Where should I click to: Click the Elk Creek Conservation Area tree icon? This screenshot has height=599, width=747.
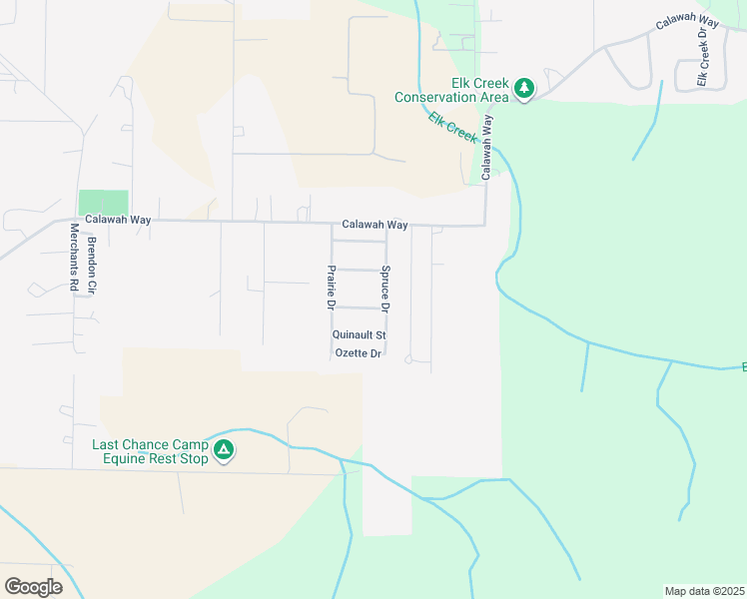click(524, 90)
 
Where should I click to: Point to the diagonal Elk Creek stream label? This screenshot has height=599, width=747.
click(452, 127)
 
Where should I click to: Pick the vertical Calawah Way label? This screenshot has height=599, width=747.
click(487, 147)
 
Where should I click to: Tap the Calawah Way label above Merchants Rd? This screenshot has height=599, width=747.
click(117, 220)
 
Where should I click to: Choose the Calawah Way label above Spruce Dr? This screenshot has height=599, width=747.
click(374, 226)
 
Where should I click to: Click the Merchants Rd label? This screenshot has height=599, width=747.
click(74, 257)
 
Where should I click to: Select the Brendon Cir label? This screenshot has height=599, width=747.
click(91, 265)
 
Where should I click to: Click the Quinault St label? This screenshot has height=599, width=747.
click(359, 335)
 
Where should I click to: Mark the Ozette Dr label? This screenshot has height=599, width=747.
click(359, 353)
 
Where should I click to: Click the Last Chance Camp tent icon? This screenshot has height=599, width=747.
click(225, 451)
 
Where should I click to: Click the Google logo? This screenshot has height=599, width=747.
click(33, 587)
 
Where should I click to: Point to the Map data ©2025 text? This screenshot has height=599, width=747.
click(704, 591)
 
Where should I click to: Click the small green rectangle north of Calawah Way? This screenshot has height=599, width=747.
click(104, 202)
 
